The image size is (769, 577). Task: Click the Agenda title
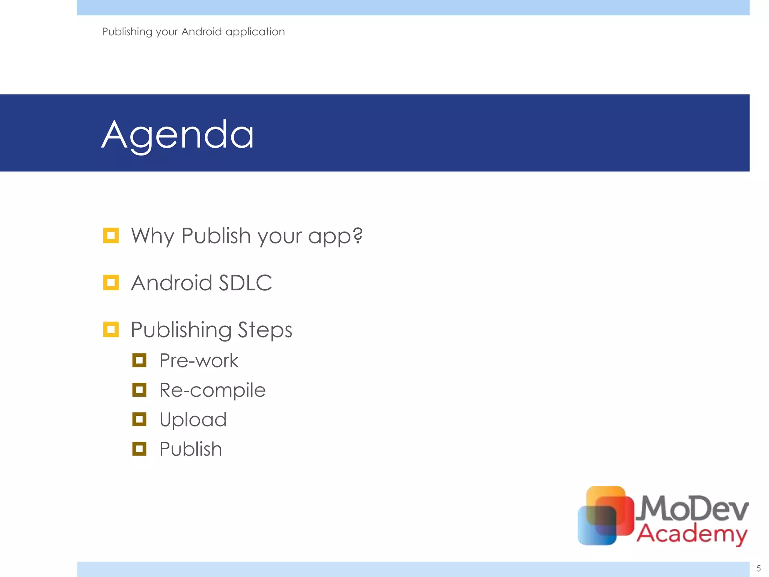tap(178, 134)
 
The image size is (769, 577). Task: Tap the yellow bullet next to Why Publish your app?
tap(111, 236)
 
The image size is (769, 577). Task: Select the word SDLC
tap(245, 283)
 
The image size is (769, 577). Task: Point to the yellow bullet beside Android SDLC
tap(111, 282)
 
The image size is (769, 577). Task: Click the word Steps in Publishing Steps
tap(265, 330)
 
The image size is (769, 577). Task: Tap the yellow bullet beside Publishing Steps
tap(111, 329)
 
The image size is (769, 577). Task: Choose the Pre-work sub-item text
tap(199, 361)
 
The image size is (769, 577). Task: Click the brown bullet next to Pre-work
tap(139, 360)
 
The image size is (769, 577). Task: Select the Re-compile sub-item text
tap(212, 390)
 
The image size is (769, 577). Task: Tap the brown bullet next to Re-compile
tap(139, 390)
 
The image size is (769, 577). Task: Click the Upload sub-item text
tap(193, 420)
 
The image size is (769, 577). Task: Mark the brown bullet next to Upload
tap(139, 419)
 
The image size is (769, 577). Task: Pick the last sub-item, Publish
tap(190, 449)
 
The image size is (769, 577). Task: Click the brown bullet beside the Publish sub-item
tap(139, 449)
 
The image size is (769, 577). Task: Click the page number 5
tap(758, 568)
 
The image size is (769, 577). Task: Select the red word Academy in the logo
tap(692, 533)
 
